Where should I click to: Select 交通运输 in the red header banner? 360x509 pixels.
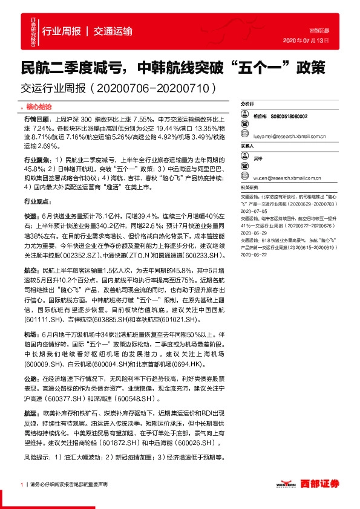coord(113,32)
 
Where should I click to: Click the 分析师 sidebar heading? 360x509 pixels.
coord(247,105)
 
